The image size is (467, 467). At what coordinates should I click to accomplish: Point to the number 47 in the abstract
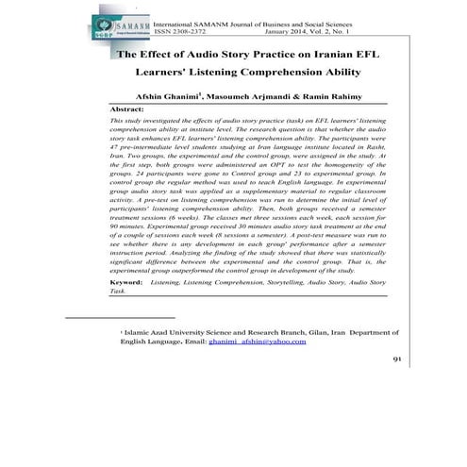(116, 175)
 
